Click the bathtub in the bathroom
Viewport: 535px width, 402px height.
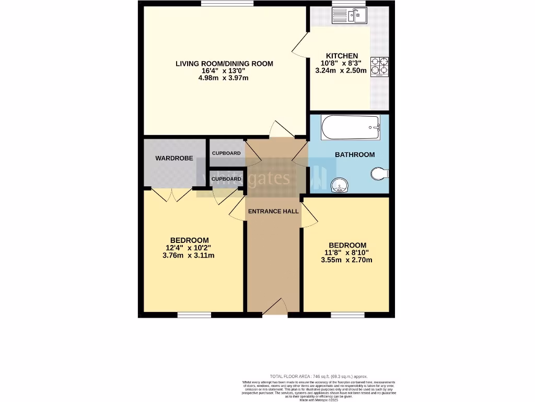pyautogui.click(x=350, y=128)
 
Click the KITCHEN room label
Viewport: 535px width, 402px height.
pyautogui.click(x=342, y=56)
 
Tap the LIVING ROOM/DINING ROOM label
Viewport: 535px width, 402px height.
pyautogui.click(x=224, y=64)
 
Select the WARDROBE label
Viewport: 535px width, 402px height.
pyautogui.click(x=174, y=158)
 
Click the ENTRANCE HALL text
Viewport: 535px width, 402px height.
pyautogui.click(x=273, y=211)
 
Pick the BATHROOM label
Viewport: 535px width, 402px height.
pyautogui.click(x=355, y=154)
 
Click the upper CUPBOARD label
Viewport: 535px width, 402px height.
pyautogui.click(x=226, y=153)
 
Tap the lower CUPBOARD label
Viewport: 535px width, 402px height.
pyautogui.click(x=226, y=179)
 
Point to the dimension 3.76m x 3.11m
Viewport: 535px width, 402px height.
pyautogui.click(x=189, y=255)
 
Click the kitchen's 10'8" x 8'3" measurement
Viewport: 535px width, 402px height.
pyautogui.click(x=342, y=63)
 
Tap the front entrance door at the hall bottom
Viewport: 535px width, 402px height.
pyautogui.click(x=275, y=308)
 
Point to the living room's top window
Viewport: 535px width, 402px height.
pyautogui.click(x=227, y=4)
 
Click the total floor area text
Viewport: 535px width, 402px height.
pyautogui.click(x=318, y=376)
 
